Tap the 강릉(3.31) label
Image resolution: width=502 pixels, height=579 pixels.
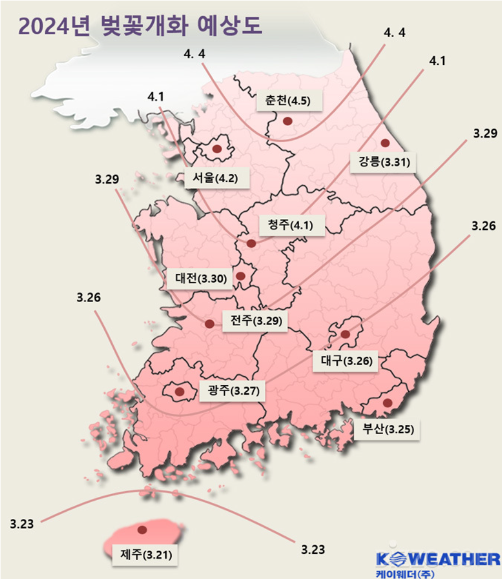click(x=383, y=163)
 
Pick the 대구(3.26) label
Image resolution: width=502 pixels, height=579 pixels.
click(x=345, y=361)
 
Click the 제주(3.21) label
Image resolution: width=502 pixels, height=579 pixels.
click(x=145, y=554)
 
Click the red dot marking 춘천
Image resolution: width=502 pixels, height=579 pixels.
click(x=287, y=121)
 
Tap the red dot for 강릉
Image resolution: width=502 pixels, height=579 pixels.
click(x=385, y=143)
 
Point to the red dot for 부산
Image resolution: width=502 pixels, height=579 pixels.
click(x=387, y=402)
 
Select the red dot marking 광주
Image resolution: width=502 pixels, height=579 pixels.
click(x=179, y=392)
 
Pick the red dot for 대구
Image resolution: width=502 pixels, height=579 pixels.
click(x=345, y=334)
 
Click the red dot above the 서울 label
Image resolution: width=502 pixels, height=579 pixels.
click(x=217, y=148)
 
